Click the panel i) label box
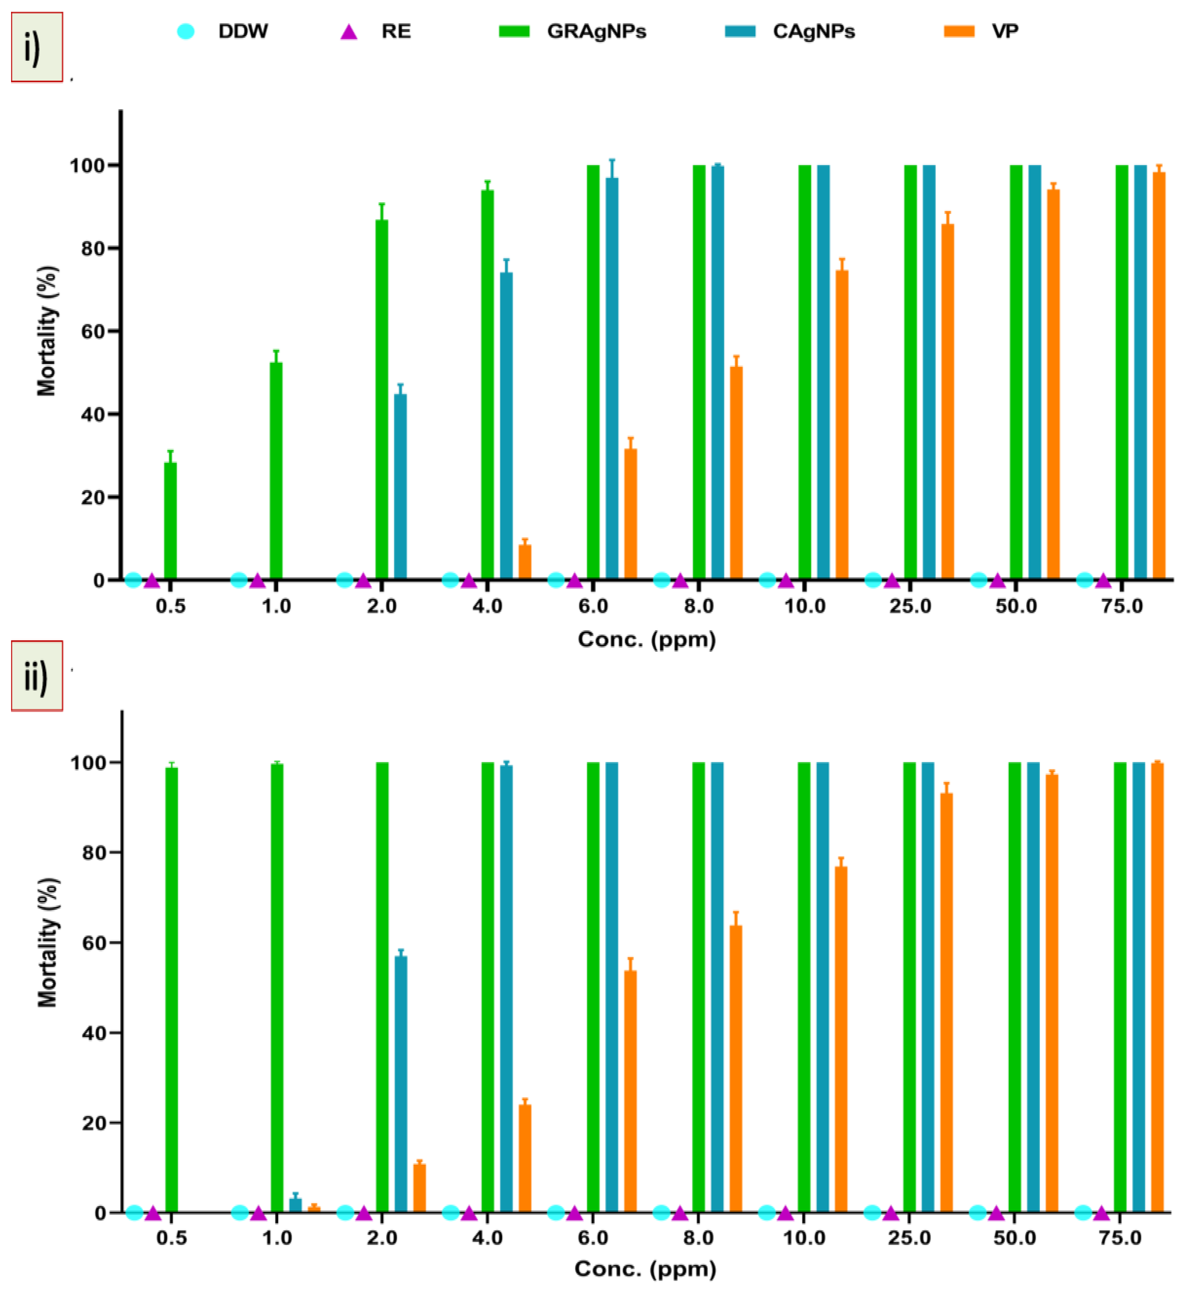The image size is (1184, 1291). coord(36,47)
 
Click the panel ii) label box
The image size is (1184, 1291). coord(36,676)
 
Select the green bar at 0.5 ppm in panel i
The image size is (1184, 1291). coord(170,520)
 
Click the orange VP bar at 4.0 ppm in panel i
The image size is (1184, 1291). coord(525,562)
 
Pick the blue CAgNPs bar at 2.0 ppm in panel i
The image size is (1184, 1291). coord(400,487)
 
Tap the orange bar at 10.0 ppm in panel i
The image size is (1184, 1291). coord(842,424)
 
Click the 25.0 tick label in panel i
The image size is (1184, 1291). coord(910,606)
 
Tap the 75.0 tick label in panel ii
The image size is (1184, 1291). coord(1120,1238)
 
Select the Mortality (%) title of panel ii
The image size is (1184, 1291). coord(47,942)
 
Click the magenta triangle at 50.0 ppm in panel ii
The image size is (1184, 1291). coord(996,1213)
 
